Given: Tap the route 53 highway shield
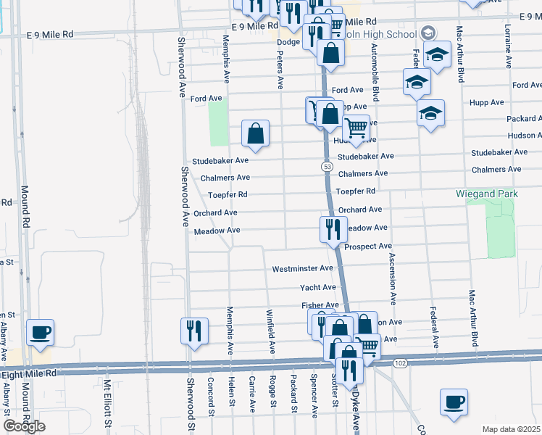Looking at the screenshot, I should coord(328,167).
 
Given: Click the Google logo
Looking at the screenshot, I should coord(24,426).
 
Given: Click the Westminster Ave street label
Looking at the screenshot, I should coord(302,269).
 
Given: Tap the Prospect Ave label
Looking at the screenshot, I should coord(368,246).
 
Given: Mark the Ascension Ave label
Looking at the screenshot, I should coord(393,278).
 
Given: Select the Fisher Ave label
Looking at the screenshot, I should coord(320,305).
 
